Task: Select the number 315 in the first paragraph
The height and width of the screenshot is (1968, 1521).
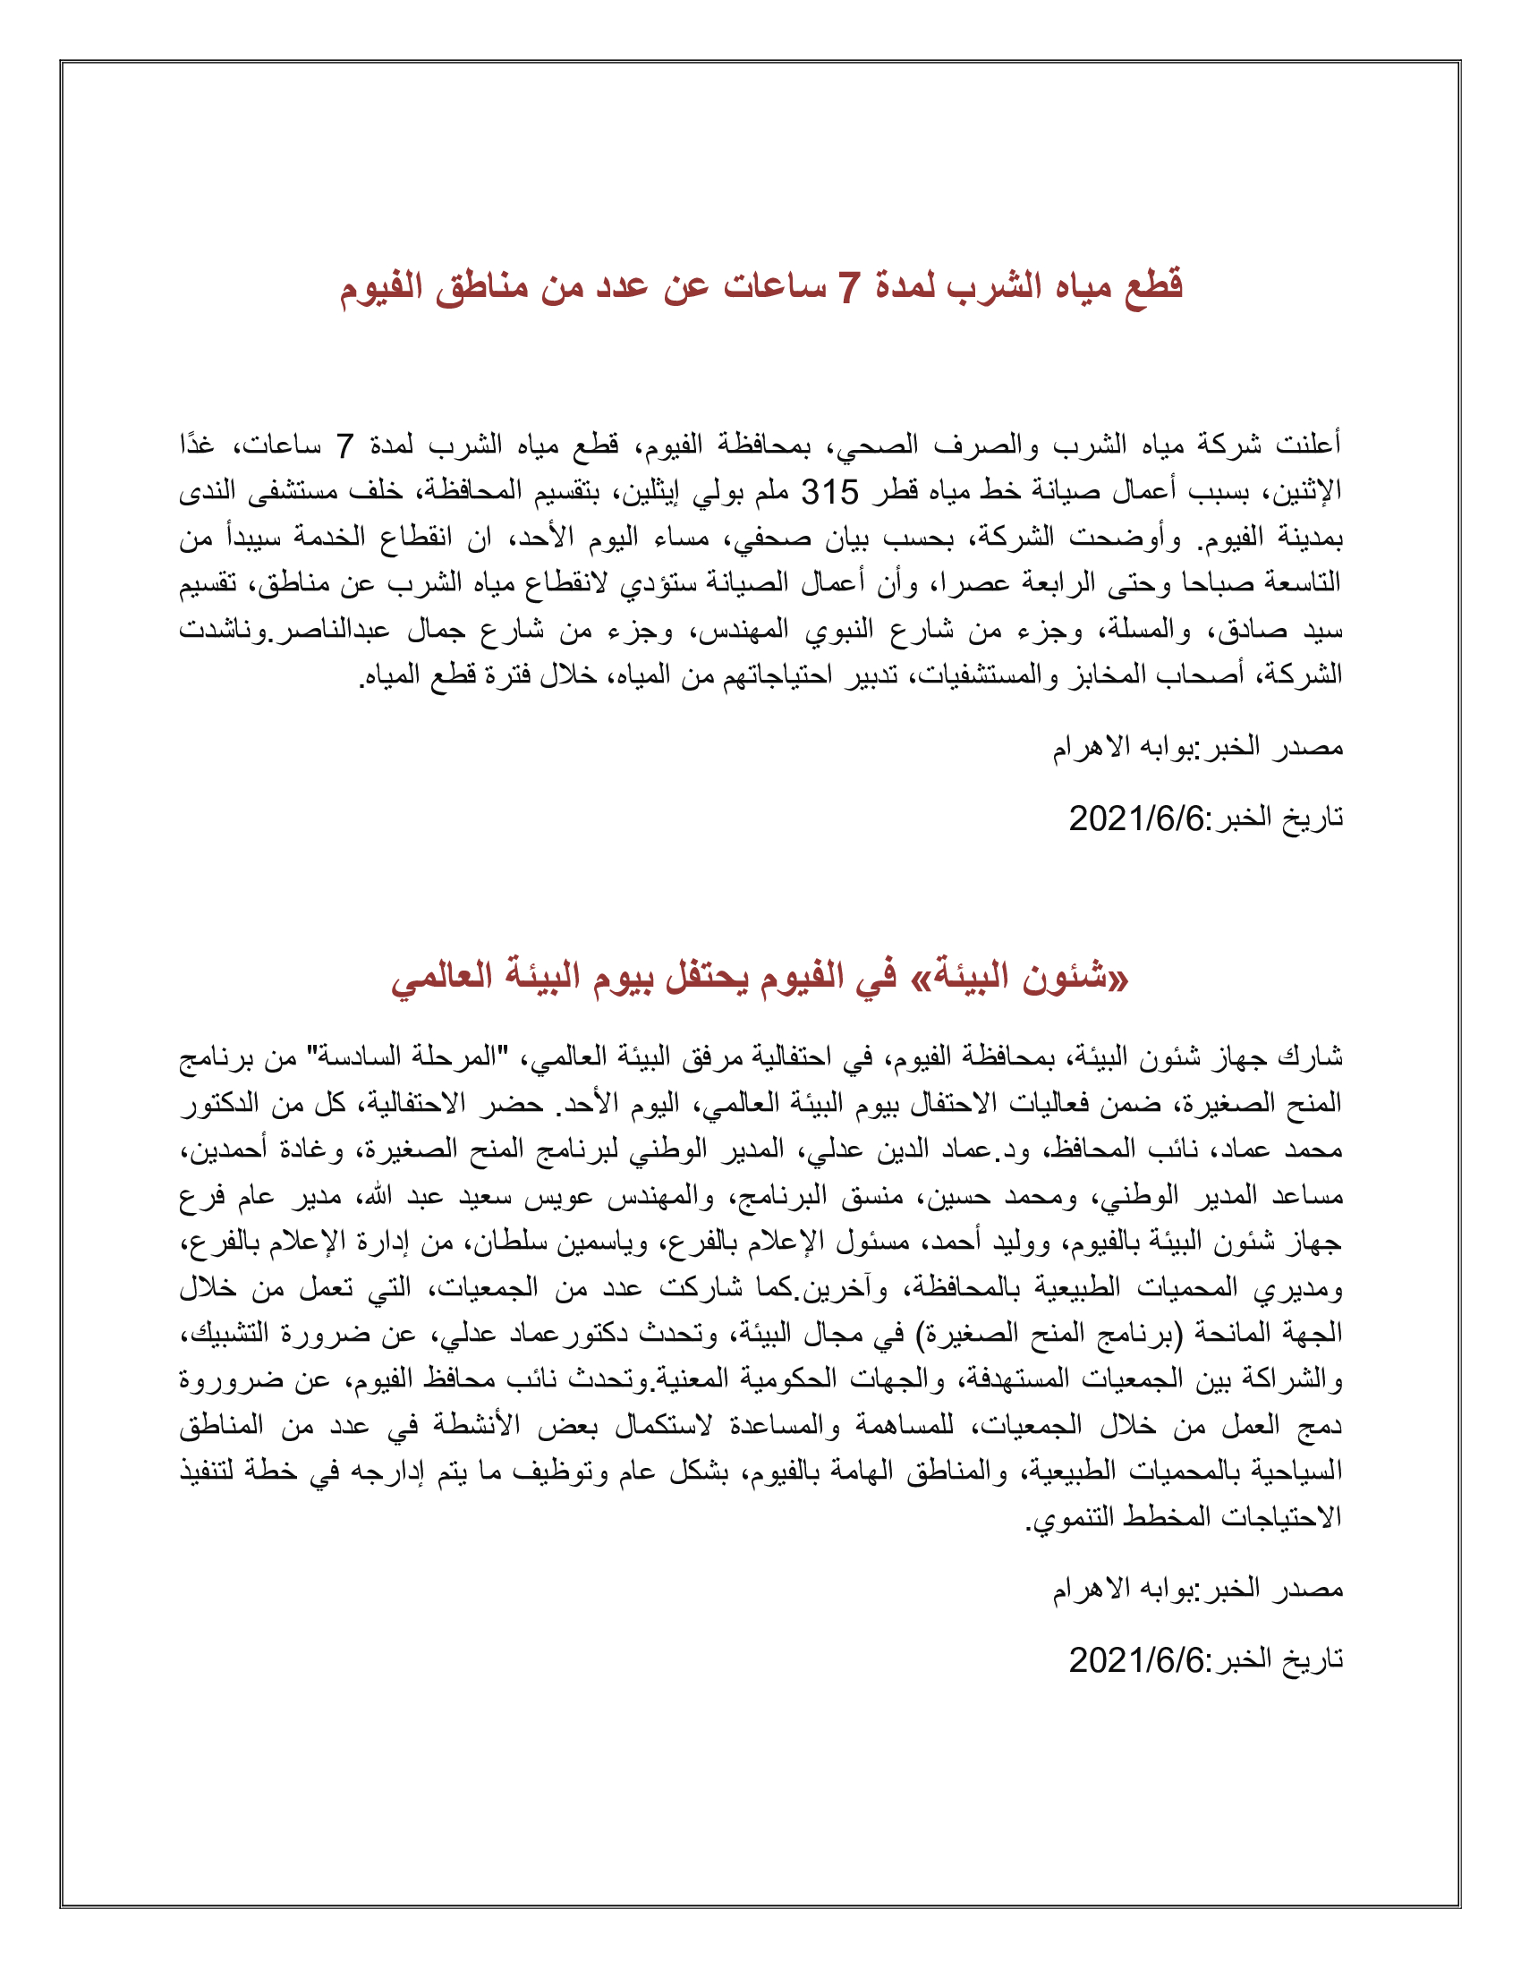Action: point(830,492)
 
